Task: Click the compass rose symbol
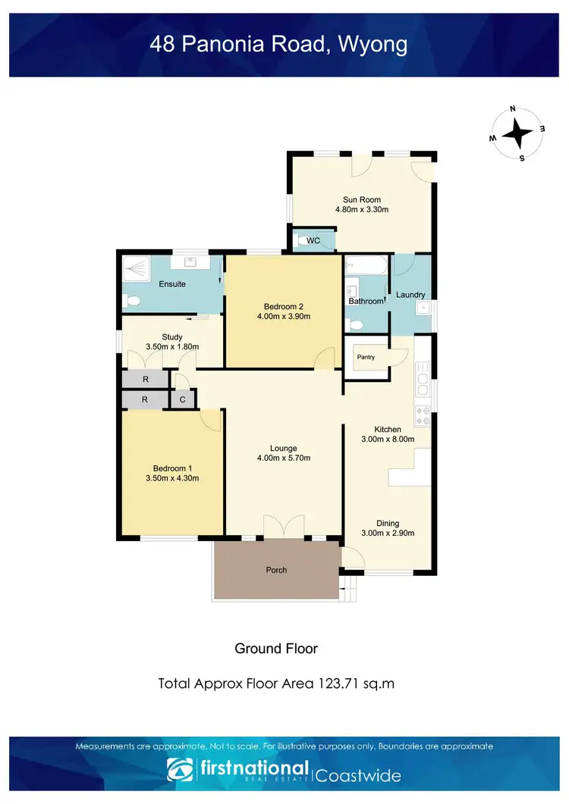pos(517,134)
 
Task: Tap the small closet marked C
pos(182,400)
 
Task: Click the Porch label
pos(276,570)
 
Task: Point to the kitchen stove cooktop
pos(423,415)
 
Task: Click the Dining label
pos(388,523)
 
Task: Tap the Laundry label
pos(410,295)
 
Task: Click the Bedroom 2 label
pos(284,306)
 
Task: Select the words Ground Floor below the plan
pos(276,649)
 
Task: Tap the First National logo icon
pos(179,770)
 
